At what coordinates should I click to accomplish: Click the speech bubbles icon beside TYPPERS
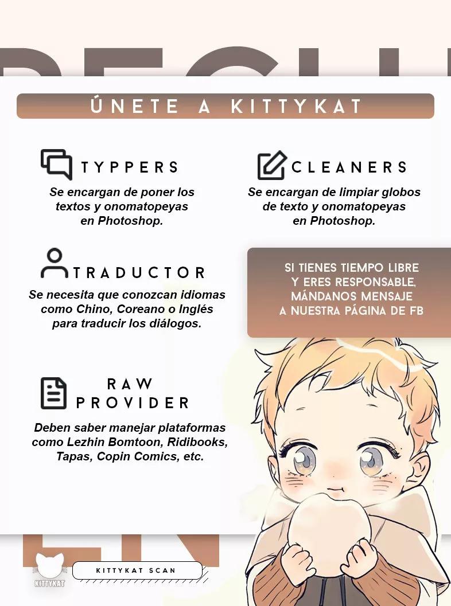click(x=56, y=164)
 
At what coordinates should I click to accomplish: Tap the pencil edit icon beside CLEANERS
click(x=273, y=166)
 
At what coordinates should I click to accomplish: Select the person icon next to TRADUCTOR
click(x=54, y=263)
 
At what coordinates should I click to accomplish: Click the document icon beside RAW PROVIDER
click(x=53, y=393)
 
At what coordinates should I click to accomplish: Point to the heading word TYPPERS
click(x=130, y=167)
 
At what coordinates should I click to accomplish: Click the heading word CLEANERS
click(x=349, y=167)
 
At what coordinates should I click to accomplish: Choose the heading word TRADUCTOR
click(x=139, y=273)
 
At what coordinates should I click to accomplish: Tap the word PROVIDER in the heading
click(x=133, y=403)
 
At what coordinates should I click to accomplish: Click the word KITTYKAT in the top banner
click(x=296, y=106)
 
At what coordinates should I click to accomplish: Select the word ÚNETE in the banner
click(x=135, y=105)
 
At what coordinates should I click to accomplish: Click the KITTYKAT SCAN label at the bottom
click(x=136, y=570)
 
